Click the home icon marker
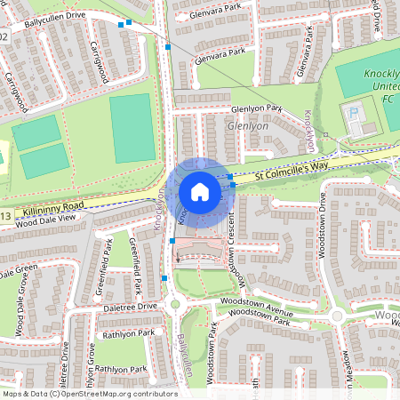click(200, 191)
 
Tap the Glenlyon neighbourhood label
click(248, 126)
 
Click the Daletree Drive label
click(129, 306)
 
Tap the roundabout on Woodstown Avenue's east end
click(337, 316)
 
